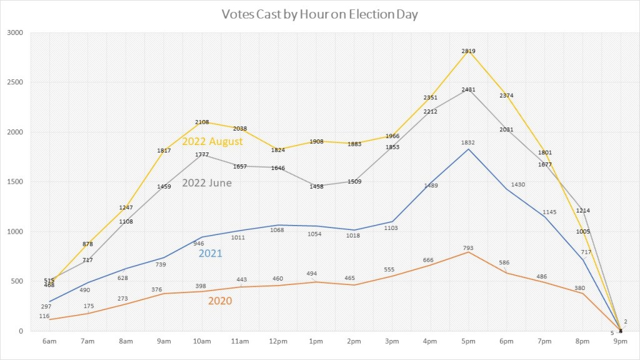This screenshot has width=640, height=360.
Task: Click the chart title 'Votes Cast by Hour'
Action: [319, 14]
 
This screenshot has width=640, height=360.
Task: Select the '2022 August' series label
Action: [212, 142]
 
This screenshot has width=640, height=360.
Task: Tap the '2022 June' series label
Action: [207, 183]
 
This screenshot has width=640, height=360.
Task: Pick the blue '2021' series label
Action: [211, 254]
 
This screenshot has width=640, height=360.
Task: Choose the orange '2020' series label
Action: [219, 301]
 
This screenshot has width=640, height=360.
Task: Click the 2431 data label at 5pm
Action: [468, 89]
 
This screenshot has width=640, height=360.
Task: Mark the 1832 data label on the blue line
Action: [468, 143]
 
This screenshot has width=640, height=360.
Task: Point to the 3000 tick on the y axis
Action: [15, 32]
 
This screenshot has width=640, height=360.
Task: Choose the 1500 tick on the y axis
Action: [15, 182]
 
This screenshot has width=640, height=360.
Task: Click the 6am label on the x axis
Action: [49, 341]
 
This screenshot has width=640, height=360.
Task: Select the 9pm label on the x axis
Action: [621, 341]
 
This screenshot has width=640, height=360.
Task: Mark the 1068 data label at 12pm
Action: [277, 230]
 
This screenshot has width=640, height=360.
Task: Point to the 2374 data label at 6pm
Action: [507, 96]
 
